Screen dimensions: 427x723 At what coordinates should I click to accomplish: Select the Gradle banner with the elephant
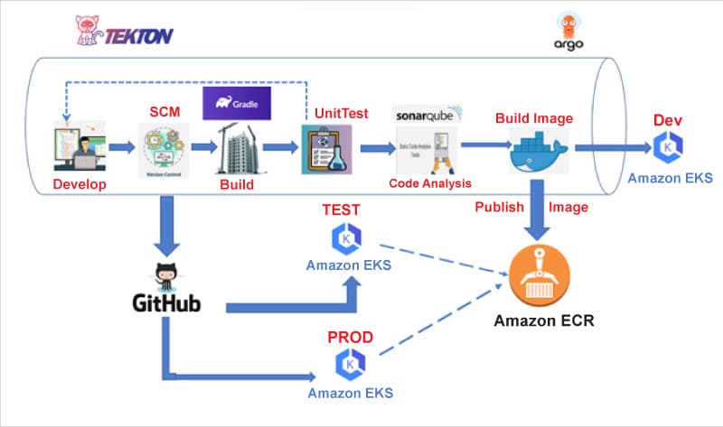pos(237,103)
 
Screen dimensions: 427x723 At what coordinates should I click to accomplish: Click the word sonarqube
pos(427,116)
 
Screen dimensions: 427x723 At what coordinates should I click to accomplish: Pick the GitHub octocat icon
pos(166,274)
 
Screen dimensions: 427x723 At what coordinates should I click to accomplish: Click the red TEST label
pos(342,209)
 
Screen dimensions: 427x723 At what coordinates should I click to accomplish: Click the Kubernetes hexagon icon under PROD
pos(349,366)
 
